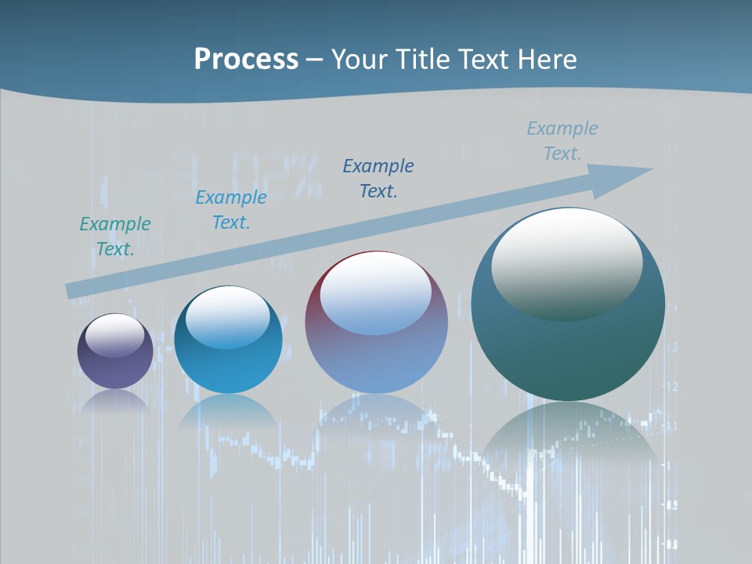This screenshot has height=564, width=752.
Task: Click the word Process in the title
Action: [246, 60]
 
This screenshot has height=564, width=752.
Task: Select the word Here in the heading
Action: [545, 60]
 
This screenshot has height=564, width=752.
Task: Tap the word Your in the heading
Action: [359, 60]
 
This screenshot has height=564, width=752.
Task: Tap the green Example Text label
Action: [115, 237]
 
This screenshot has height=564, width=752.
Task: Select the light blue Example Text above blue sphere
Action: [231, 210]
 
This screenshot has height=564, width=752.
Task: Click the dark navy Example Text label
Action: [378, 179]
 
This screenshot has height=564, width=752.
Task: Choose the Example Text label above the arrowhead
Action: [562, 141]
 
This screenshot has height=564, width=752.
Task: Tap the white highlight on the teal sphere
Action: [566, 264]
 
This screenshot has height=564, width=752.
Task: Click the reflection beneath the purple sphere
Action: [115, 401]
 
